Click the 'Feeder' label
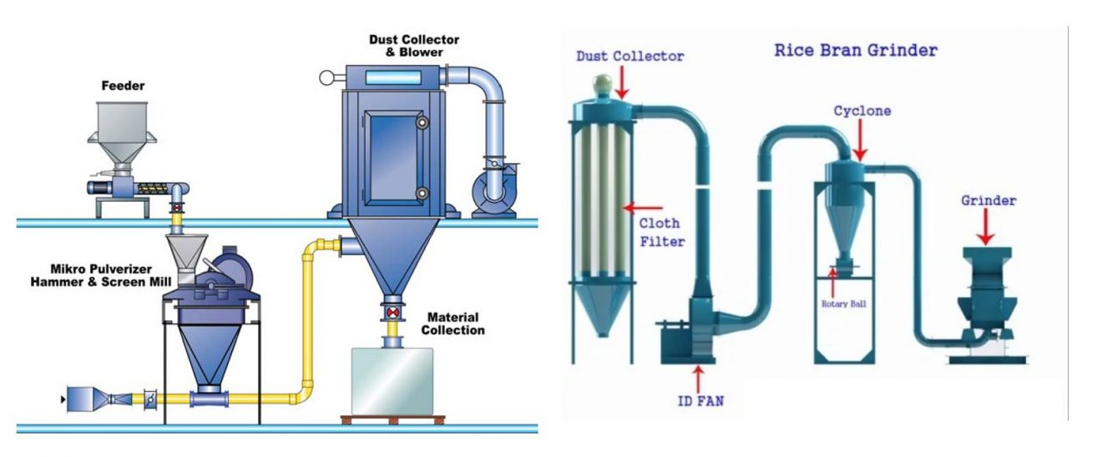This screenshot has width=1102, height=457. [x=124, y=86]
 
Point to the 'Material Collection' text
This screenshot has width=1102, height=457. [x=452, y=324]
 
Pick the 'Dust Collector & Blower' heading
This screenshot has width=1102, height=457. [x=406, y=46]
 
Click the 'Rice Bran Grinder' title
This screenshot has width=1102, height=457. [x=856, y=50]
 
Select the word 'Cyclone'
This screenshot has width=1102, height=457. [x=862, y=111]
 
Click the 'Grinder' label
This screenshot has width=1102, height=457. [x=988, y=201]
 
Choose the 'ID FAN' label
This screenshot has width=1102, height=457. [x=700, y=401]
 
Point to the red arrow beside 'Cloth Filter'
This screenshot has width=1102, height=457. [x=646, y=208]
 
